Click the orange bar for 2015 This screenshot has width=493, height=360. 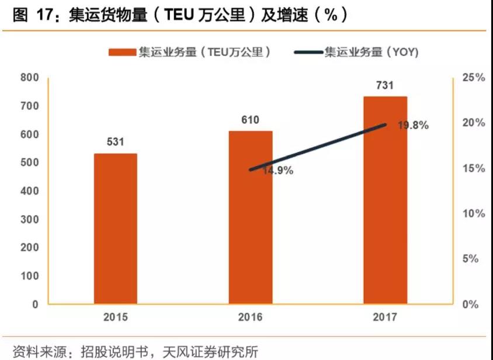tap(116, 229)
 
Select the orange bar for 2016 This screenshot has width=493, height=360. tap(250, 217)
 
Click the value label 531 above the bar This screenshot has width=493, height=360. tap(116, 142)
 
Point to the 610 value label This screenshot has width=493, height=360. tap(250, 120)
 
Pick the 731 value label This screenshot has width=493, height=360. tap(385, 85)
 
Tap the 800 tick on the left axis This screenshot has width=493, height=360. tap(29, 78)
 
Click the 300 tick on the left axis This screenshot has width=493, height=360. tap(29, 219)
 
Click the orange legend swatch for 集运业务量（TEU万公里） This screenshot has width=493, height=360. tap(121, 53)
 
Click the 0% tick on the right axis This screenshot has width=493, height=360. tap(471, 304)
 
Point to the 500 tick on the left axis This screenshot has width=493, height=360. tap(29, 162)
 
